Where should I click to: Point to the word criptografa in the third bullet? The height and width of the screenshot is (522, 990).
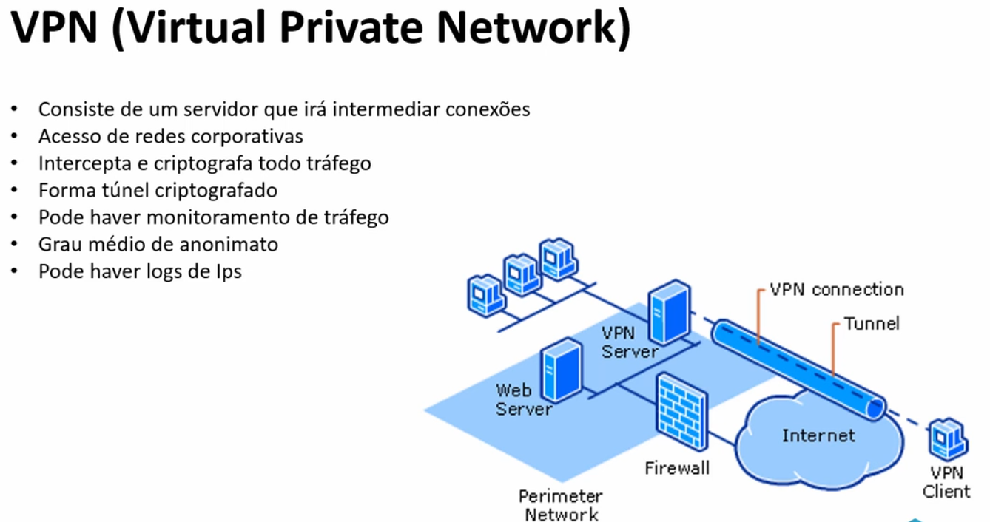tap(201, 163)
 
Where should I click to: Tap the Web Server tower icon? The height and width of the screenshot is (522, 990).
tap(560, 370)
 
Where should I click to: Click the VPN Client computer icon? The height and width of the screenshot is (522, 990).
tap(947, 441)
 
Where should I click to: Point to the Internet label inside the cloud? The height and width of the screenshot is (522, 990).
tap(818, 435)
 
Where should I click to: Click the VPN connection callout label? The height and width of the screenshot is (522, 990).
tap(836, 289)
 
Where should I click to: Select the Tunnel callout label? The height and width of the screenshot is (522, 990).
tap(872, 323)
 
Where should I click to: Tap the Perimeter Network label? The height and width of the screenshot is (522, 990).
tap(560, 505)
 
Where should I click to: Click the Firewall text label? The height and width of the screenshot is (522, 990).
tap(676, 467)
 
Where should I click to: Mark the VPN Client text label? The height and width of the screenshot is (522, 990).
tap(946, 482)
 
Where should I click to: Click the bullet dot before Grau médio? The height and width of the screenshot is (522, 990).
tap(14, 244)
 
